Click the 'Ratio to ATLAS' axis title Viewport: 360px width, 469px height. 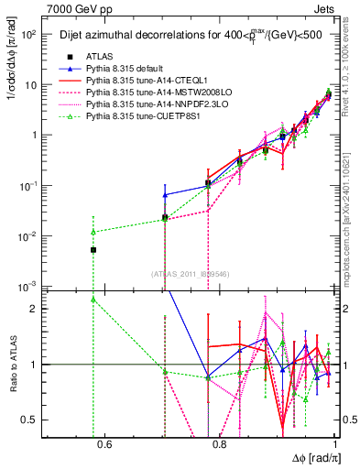[12, 364]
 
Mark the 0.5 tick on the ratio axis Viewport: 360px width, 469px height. [36, 420]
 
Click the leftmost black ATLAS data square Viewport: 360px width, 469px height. [93, 250]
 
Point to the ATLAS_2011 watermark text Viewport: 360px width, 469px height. [190, 273]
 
